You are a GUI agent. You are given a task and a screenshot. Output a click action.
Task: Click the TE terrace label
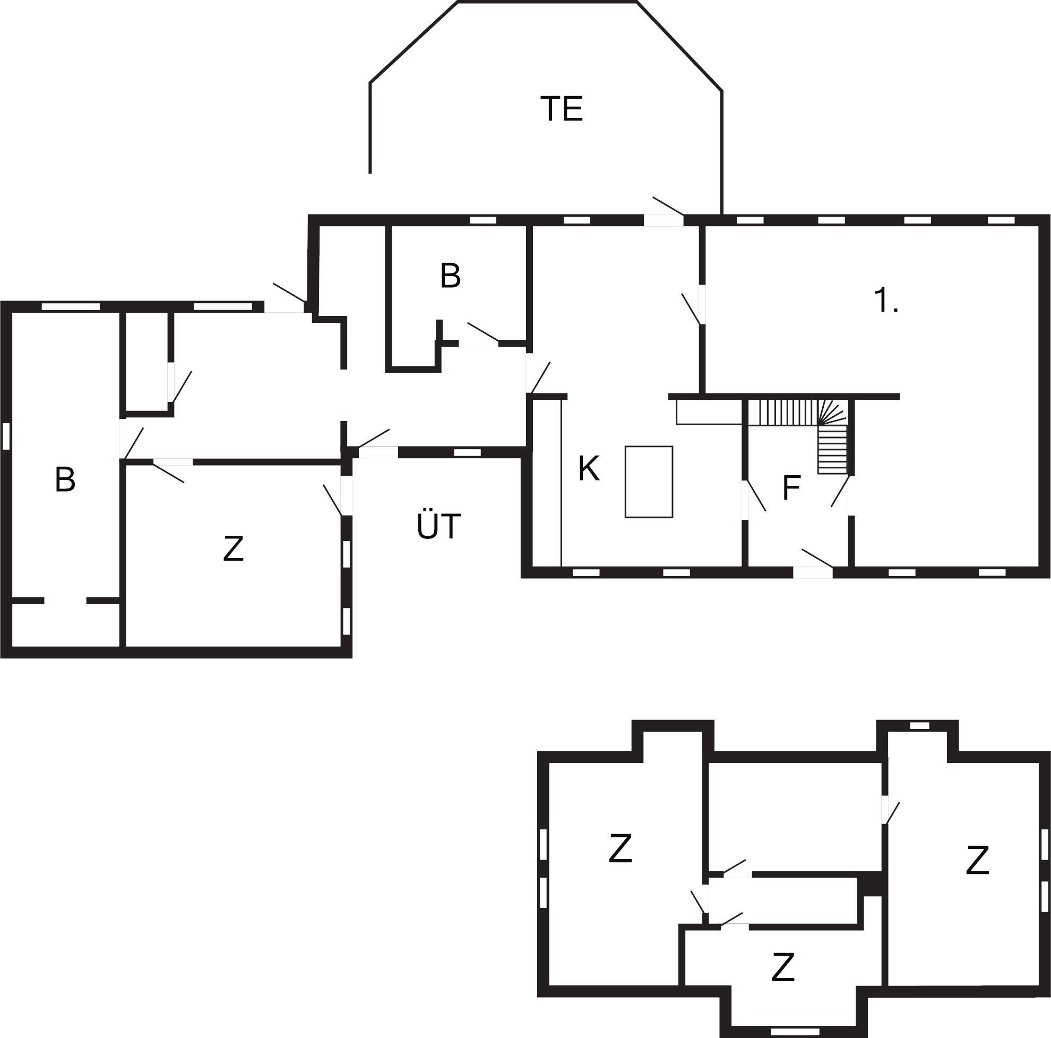point(562,109)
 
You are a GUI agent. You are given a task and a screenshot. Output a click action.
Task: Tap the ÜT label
point(439,526)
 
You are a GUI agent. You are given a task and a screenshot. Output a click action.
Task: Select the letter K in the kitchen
point(589,468)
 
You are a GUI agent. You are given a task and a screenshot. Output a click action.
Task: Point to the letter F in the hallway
point(791,487)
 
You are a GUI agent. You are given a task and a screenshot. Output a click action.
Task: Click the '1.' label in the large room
point(886,301)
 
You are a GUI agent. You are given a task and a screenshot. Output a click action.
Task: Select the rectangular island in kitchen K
point(649,482)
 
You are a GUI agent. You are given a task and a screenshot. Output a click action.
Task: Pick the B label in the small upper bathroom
point(451,275)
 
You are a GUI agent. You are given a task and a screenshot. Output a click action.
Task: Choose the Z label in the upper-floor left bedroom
point(620,848)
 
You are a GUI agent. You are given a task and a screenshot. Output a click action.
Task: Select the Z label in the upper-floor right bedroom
point(977,860)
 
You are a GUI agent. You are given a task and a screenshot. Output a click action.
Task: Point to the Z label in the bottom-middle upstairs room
point(783,967)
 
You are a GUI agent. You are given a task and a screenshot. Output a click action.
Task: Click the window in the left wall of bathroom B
point(6,436)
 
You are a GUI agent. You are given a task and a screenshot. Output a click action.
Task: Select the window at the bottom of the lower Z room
point(795,1031)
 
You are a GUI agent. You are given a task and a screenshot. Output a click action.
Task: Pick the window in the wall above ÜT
point(468,452)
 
